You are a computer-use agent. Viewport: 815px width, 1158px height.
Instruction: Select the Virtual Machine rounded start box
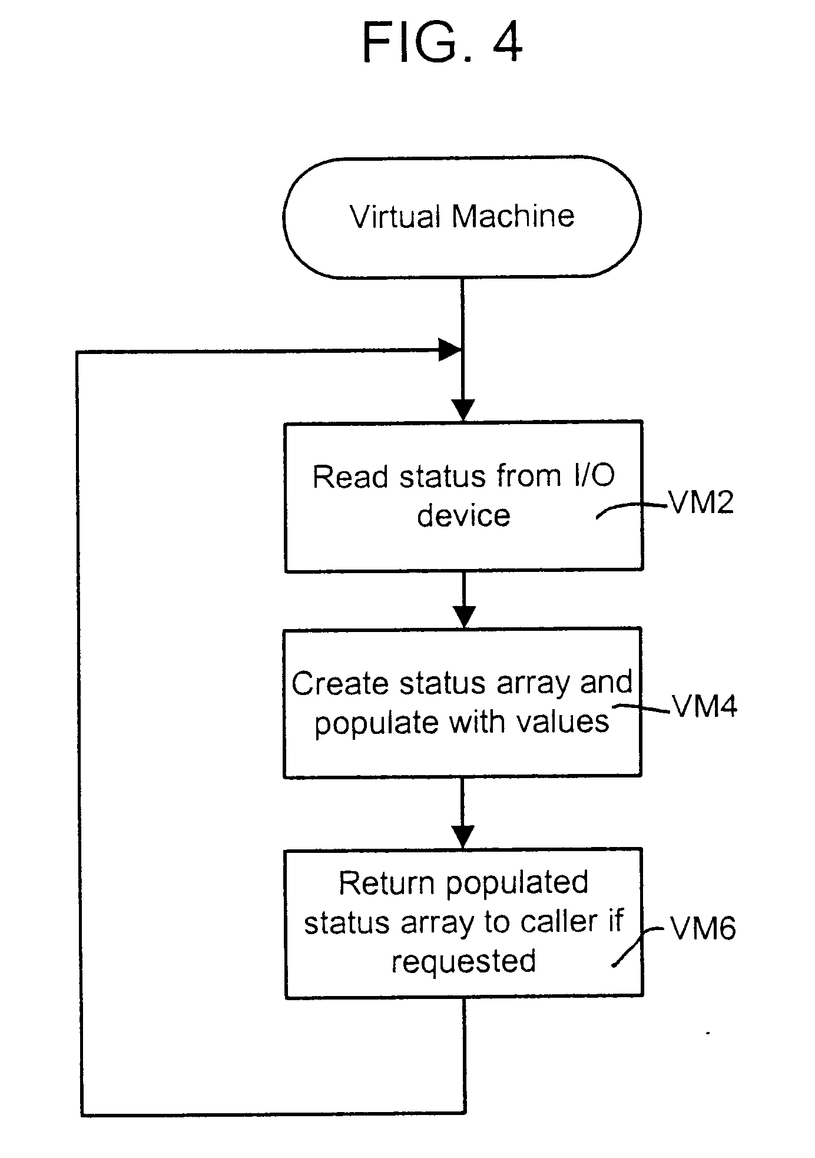(462, 217)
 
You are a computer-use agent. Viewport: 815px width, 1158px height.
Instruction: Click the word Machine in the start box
(513, 216)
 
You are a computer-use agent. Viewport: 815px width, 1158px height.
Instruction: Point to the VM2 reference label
(701, 503)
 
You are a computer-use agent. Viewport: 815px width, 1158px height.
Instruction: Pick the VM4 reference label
(704, 706)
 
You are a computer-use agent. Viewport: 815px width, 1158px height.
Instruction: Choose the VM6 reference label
(703, 929)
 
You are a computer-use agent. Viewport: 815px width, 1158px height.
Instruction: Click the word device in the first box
(463, 516)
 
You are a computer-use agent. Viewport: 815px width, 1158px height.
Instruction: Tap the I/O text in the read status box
(594, 476)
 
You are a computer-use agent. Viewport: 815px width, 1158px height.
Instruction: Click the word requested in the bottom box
(463, 961)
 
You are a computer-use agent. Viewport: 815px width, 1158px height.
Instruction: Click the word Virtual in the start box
(395, 217)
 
